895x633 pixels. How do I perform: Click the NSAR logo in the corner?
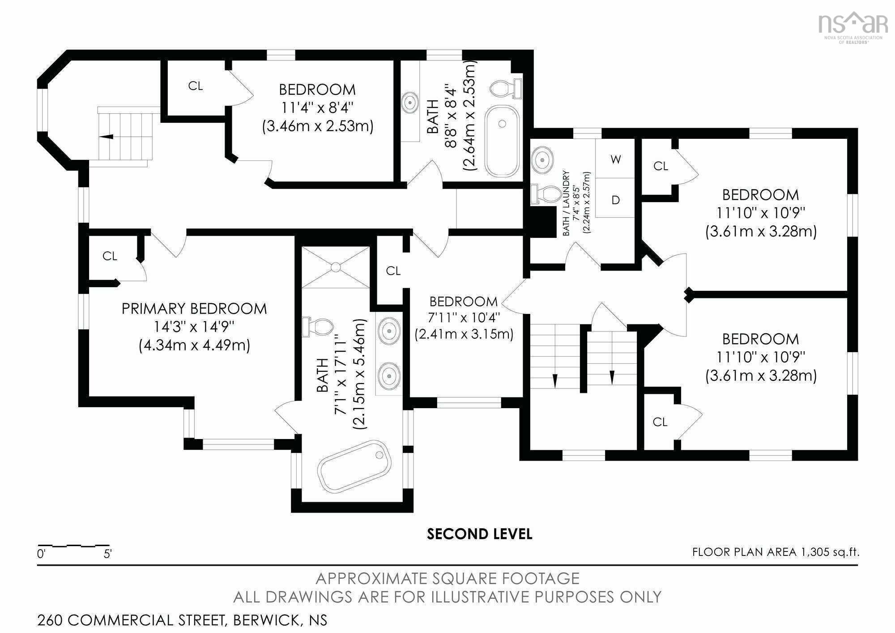tap(853, 27)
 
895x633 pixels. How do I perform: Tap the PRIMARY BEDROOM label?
tap(194, 309)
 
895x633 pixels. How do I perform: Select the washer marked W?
tap(615, 159)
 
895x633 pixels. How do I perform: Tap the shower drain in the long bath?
tap(336, 267)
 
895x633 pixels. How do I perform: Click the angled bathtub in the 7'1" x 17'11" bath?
tap(354, 466)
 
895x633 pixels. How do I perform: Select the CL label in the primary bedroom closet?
tap(110, 256)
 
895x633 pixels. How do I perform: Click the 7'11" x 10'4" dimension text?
tap(464, 318)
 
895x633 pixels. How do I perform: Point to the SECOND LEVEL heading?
tap(479, 534)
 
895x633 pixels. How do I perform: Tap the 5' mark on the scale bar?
tap(107, 554)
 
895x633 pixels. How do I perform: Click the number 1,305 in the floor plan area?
tap(814, 552)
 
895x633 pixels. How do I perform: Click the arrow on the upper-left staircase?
tap(107, 137)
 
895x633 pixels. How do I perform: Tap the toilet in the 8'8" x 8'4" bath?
tap(506, 88)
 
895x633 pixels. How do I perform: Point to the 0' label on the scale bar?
tap(41, 554)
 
